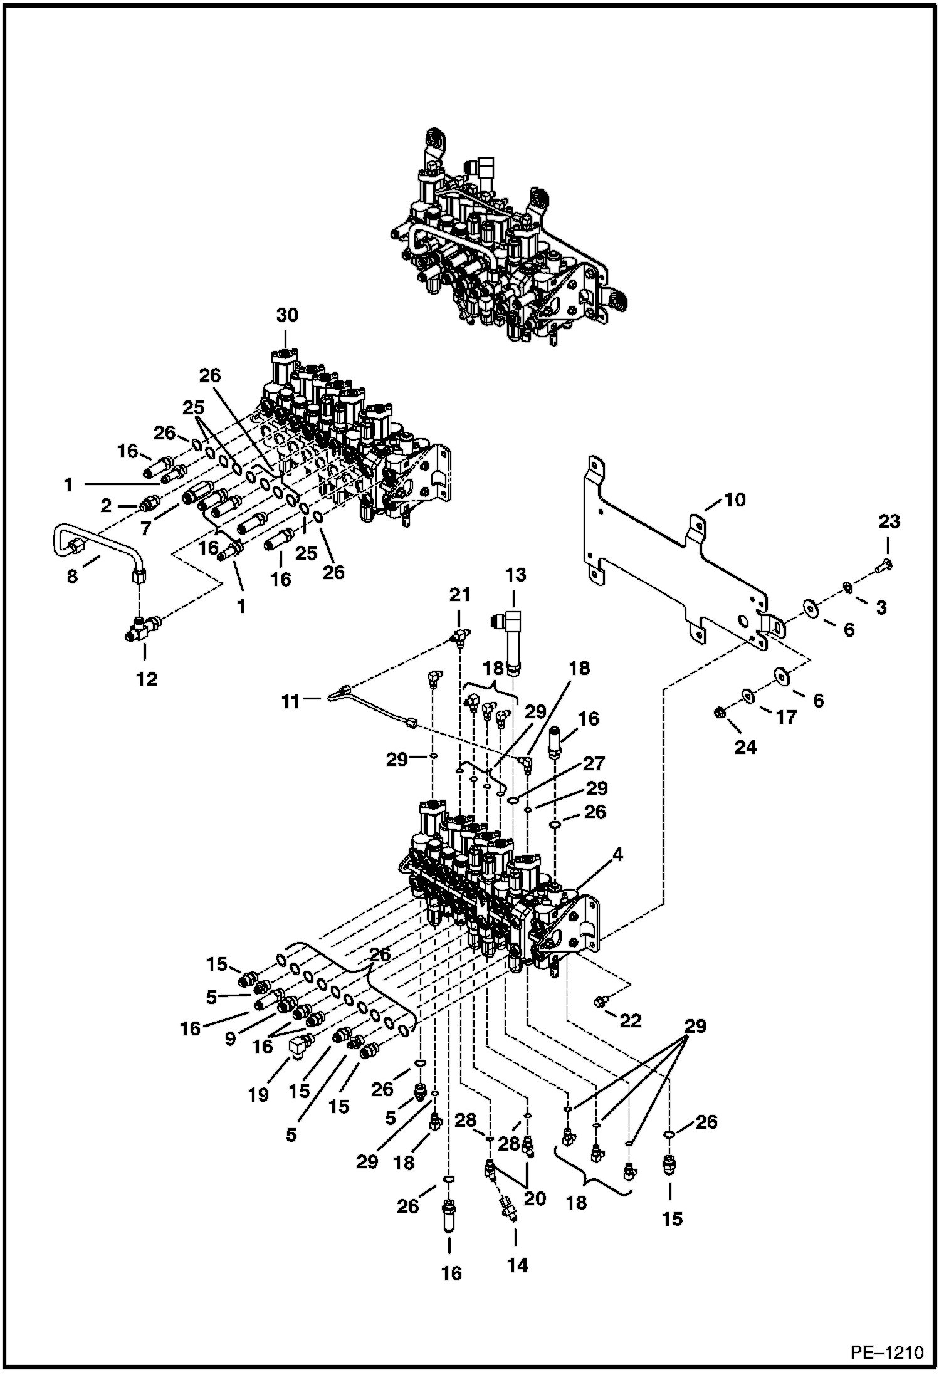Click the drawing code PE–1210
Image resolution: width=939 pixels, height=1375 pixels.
coord(886,1352)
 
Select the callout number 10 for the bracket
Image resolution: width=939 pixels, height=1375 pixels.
coord(735,499)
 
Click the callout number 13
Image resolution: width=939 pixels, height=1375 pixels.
coord(515,575)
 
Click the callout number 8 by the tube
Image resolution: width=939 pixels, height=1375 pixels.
coord(73,576)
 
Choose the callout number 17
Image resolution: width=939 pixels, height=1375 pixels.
coord(785,716)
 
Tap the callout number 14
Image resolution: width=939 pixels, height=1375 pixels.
coord(518,1265)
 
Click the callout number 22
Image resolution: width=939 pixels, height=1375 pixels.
coord(631,1021)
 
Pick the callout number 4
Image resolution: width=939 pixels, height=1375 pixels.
coord(618,854)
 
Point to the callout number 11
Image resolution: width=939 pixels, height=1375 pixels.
coord(290,701)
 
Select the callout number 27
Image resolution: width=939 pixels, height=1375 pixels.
coord(594,763)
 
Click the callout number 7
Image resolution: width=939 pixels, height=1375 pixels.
coord(146,529)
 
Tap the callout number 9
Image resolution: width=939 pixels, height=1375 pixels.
coord(231,1038)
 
